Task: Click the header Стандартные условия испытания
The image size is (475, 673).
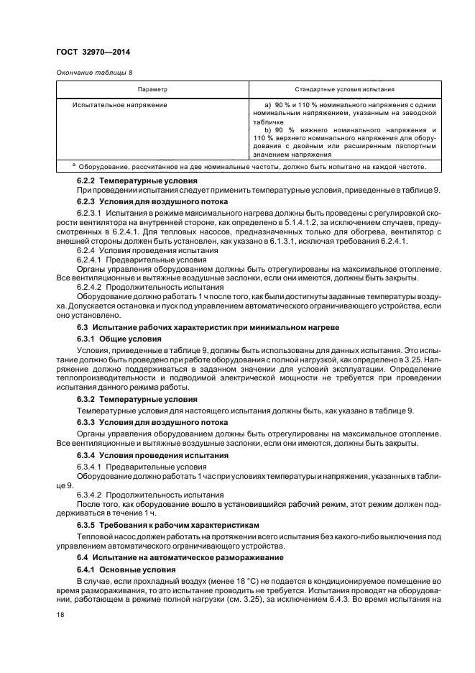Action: (x=344, y=90)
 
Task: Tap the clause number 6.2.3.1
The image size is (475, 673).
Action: (x=91, y=214)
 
